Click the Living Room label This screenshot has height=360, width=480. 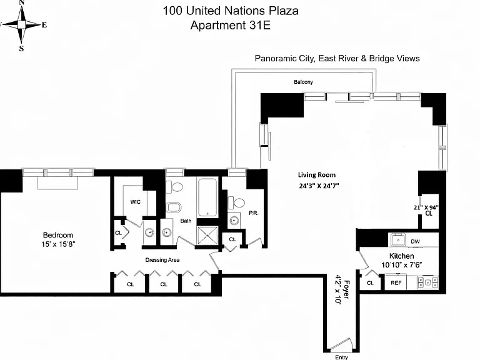coord(317,175)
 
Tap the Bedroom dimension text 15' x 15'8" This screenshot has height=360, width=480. coord(58,244)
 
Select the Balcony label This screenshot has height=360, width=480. coord(303,82)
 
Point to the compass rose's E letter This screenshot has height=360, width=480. coord(44,25)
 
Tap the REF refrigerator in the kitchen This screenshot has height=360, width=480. coord(396,283)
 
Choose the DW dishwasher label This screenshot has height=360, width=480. coord(415,241)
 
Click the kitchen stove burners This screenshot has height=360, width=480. coord(427,282)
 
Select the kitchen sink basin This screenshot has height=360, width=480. coord(398,240)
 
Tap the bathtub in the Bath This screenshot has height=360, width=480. coord(207,197)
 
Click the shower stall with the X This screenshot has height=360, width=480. coord(207,236)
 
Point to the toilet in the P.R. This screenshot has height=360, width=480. coord(236,202)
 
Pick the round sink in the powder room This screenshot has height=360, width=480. coord(234,221)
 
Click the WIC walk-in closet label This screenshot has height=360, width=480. coord(135,202)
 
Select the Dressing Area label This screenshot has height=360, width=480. coord(162,260)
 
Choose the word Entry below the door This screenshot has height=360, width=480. coord(342,357)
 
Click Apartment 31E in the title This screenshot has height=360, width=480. coord(231,25)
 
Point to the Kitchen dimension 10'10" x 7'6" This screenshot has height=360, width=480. coord(402,265)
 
